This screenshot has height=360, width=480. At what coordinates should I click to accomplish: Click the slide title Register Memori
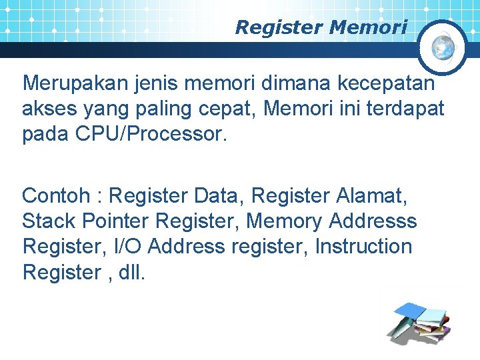click(x=321, y=27)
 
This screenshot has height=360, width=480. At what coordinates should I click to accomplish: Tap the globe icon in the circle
click(x=443, y=47)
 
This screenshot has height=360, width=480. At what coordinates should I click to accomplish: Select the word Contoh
click(x=54, y=196)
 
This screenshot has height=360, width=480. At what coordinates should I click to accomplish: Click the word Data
click(x=220, y=196)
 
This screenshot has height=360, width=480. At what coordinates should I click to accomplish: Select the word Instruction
click(x=363, y=246)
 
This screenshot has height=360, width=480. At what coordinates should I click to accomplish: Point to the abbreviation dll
click(x=129, y=271)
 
